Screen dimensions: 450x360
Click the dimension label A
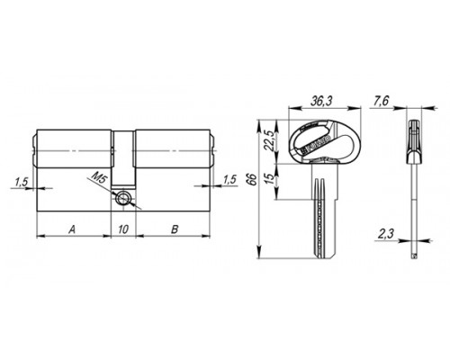click(x=72, y=229)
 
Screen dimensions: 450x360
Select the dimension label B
click(x=175, y=229)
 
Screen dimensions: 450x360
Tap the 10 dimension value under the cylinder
click(x=123, y=229)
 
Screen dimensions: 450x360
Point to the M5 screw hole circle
click(x=123, y=198)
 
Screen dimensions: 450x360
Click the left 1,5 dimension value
click(x=22, y=182)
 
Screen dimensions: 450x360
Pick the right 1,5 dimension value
click(x=229, y=179)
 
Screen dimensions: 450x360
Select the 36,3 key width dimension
click(x=321, y=102)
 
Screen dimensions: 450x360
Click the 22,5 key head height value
click(x=270, y=140)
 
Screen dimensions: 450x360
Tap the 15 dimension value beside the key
click(x=270, y=178)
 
